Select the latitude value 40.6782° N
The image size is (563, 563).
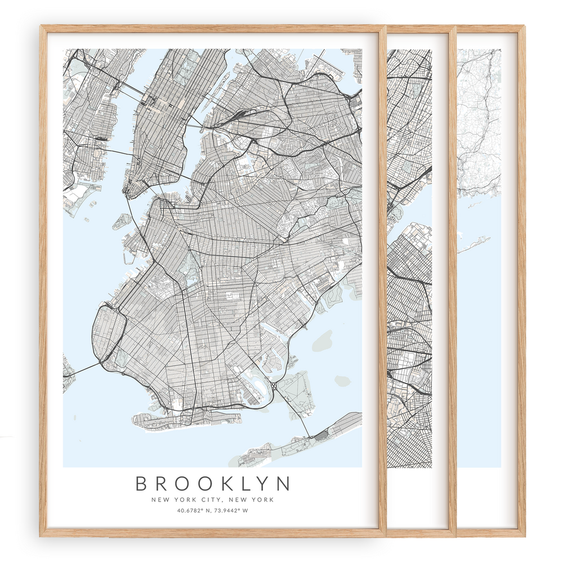click(194, 511)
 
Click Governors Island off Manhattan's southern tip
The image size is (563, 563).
click(122, 221)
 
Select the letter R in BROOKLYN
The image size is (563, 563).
click(162, 484)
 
